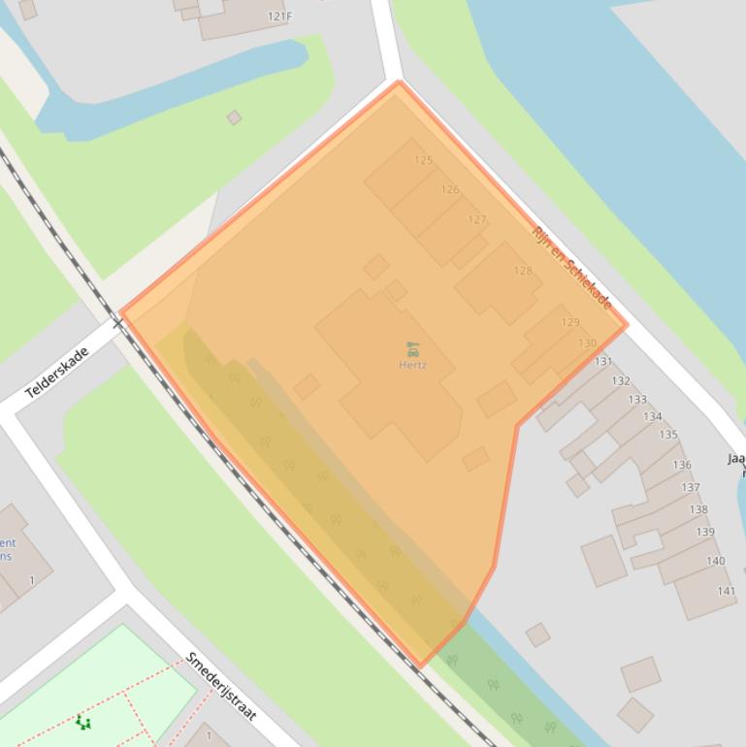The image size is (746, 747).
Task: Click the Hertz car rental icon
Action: pos(412,348)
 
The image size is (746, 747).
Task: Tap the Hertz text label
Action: pos(412,365)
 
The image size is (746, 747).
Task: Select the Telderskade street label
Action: pos(57,373)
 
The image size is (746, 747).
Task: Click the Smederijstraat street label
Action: pos(221,686)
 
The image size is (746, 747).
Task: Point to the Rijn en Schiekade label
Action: pos(572,267)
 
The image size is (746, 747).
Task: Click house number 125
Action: pos(423,160)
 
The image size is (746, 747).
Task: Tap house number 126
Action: pos(449,190)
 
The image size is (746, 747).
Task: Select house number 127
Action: pos(476,220)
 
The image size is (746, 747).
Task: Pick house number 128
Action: pos(523,271)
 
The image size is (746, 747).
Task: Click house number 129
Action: pos(569,322)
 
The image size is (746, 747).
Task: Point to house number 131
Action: pos(603,362)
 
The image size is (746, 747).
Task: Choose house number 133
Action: pos(637,400)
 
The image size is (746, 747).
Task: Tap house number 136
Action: pos(682,466)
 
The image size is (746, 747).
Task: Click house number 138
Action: pos(697,509)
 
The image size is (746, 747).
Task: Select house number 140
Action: pos(715,561)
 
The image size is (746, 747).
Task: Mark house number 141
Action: pos(726,592)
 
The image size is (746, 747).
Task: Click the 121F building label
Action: pos(279,16)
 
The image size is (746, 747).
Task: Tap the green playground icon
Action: pos(83,722)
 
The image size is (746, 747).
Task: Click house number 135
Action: pos(668,435)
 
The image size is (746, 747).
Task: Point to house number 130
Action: pos(587,343)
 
